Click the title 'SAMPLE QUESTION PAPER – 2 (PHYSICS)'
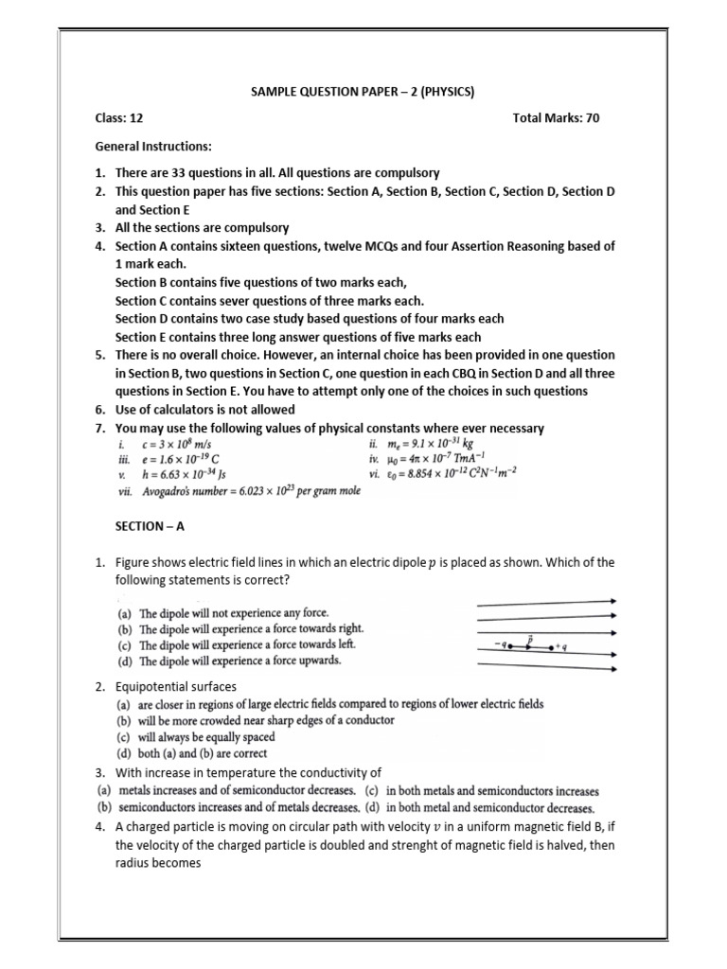362,92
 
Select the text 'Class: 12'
119,118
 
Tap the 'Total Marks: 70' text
556,118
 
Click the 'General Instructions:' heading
153,147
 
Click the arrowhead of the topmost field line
614,601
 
